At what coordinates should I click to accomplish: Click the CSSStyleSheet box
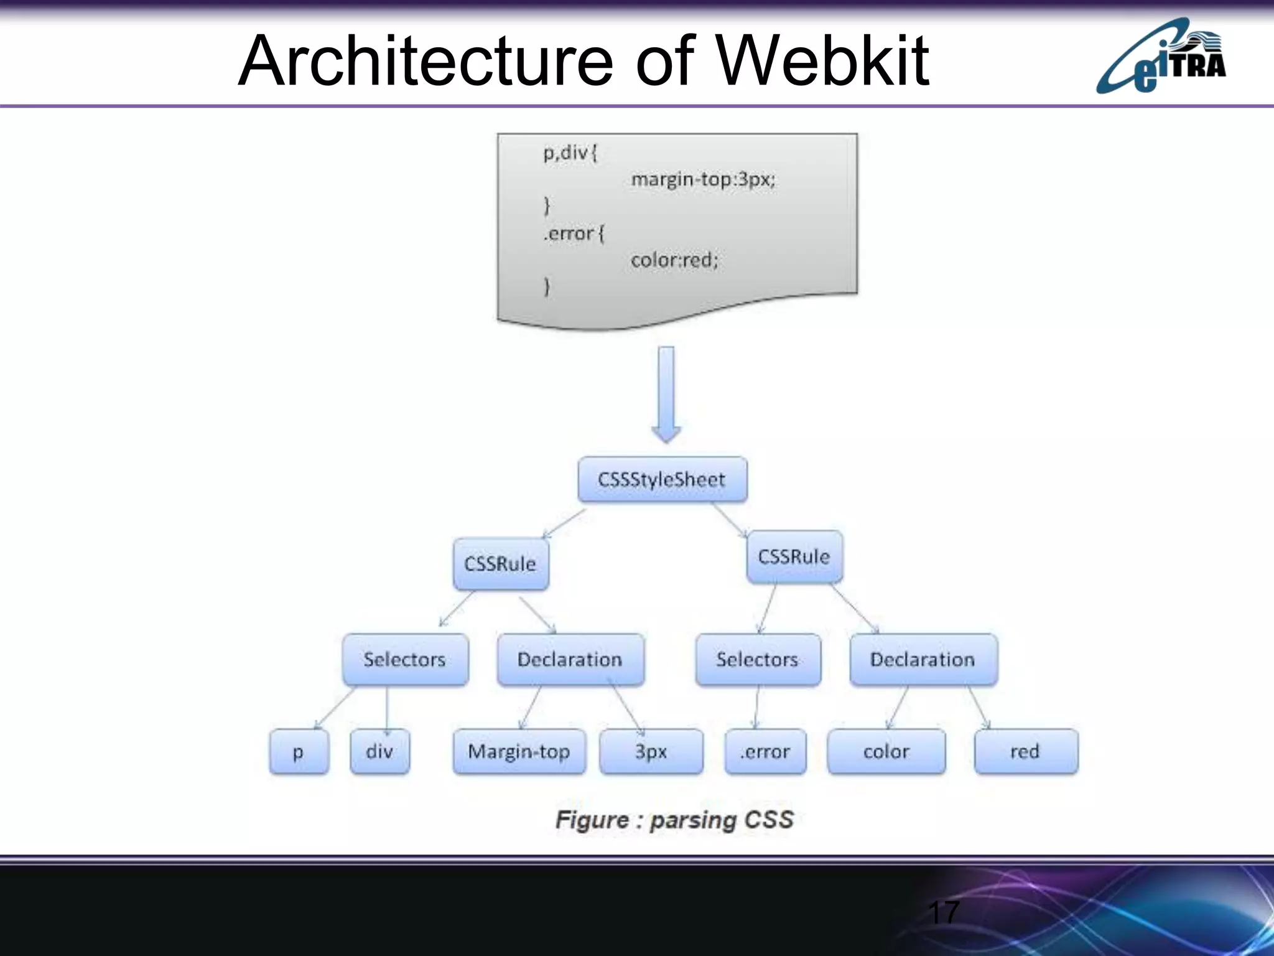663,479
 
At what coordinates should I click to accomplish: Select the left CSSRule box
501,564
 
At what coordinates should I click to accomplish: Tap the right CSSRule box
794,556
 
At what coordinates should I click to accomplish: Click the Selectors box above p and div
405,659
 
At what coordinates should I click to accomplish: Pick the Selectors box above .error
758,659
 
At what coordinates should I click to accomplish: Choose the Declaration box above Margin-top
570,659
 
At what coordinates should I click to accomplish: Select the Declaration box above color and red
923,659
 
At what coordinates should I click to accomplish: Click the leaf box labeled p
299,751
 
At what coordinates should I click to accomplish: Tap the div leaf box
379,751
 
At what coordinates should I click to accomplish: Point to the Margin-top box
519,751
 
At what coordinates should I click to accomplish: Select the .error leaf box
765,751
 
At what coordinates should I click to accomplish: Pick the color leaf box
886,751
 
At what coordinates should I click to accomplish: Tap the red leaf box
1026,751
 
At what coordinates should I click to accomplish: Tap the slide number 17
943,912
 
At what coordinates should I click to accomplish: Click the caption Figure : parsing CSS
675,820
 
